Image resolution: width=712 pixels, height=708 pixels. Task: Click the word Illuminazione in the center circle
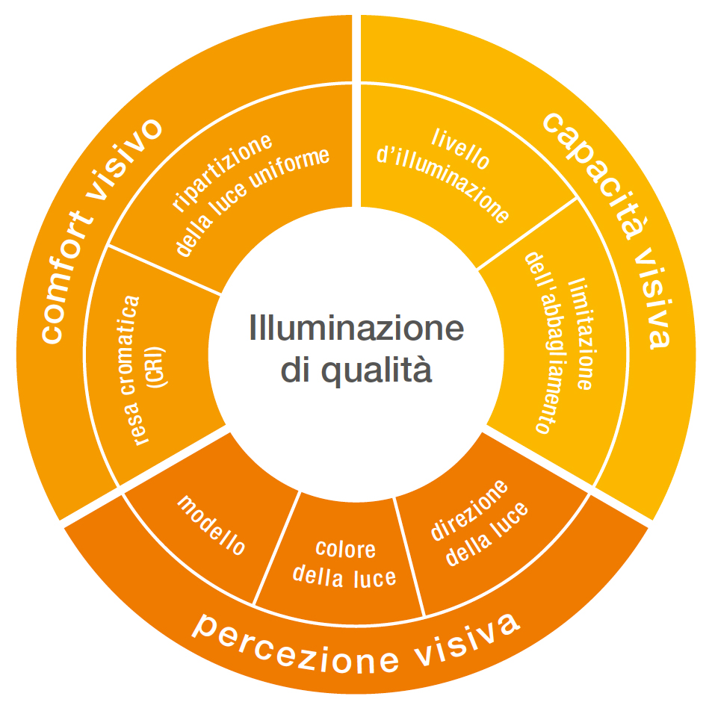click(356, 329)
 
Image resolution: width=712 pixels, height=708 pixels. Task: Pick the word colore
click(345, 550)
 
